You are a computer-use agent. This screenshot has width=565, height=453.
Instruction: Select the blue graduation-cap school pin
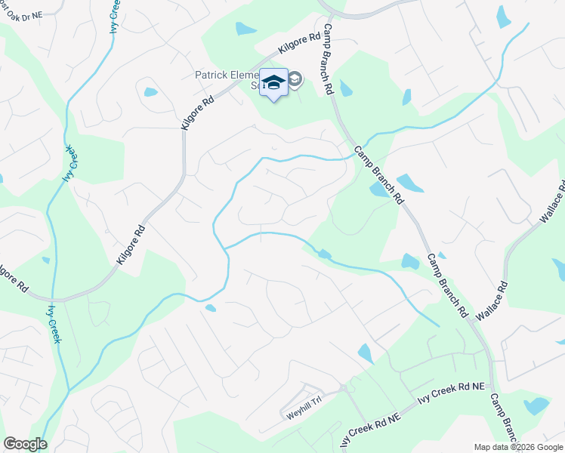coord(273,82)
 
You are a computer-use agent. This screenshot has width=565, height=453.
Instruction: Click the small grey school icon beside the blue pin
coord(295,79)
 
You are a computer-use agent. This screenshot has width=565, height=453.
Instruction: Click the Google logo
coord(24,444)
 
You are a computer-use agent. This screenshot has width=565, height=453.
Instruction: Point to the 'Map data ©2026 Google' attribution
coord(517,447)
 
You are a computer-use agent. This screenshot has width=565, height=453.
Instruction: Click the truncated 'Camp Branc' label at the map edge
coord(505,419)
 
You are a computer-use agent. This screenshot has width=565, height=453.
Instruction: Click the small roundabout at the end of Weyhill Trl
coord(343,389)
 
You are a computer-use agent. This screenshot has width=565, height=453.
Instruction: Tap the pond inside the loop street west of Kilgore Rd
coord(150,92)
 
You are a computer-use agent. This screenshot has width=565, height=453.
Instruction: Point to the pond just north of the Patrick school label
coord(245,29)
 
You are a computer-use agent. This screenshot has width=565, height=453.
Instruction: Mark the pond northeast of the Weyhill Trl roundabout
coord(366,353)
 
